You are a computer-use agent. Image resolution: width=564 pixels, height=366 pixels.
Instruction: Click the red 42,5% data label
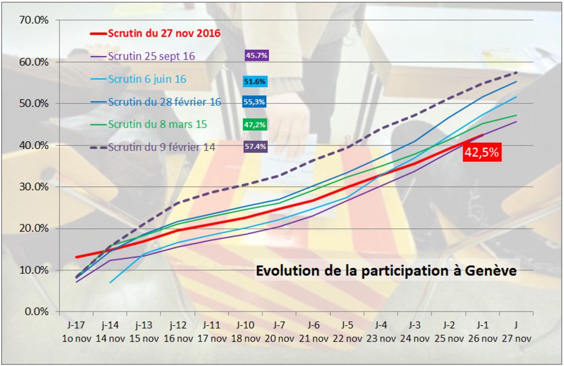pyautogui.click(x=481, y=153)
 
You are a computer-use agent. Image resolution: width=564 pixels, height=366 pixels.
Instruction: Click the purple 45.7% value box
pyautogui.click(x=256, y=55)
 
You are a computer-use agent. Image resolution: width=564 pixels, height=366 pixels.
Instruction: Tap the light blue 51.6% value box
pyautogui.click(x=255, y=82)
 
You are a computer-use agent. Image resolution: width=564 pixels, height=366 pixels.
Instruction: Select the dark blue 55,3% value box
pyautogui.click(x=254, y=102)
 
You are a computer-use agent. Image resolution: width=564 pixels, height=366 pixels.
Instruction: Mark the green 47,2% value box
pyautogui.click(x=255, y=125)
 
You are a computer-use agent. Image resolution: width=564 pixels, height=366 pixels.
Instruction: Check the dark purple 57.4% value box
pyautogui.click(x=256, y=147)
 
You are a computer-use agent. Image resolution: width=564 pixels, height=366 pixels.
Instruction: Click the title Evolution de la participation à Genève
pyautogui.click(x=386, y=271)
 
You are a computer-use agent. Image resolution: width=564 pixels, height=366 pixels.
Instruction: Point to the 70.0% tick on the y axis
pyautogui.click(x=34, y=20)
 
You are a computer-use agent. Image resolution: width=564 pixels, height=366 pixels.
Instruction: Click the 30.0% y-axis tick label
pyautogui.click(x=34, y=187)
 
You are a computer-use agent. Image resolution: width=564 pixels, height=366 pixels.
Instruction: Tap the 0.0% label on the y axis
pyautogui.click(x=36, y=311)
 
